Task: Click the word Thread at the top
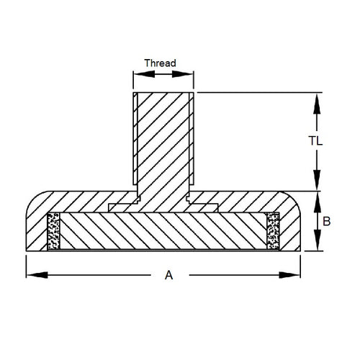[x=160, y=63]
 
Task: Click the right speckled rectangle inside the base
[x=273, y=232]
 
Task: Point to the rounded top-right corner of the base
[x=293, y=200]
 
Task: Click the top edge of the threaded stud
[x=163, y=92]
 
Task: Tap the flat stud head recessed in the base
[x=163, y=207]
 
